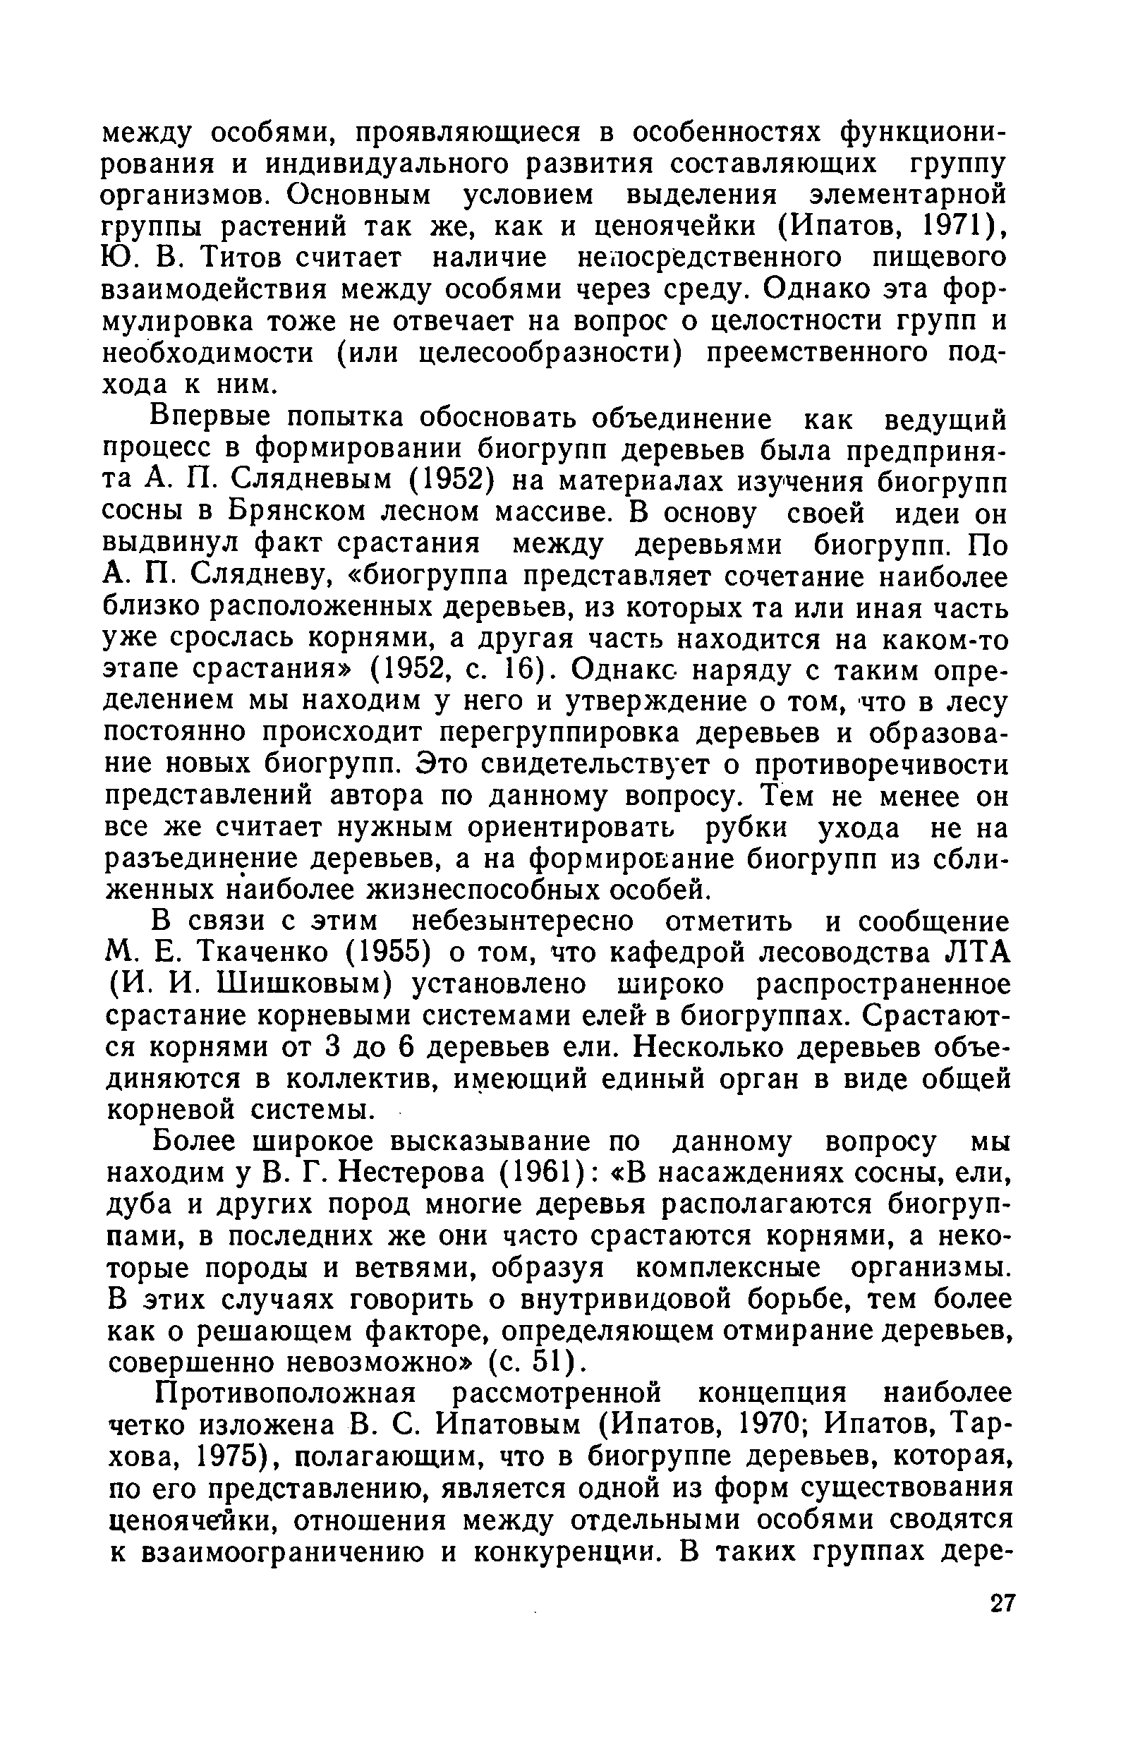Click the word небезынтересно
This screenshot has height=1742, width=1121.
[x=522, y=922]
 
